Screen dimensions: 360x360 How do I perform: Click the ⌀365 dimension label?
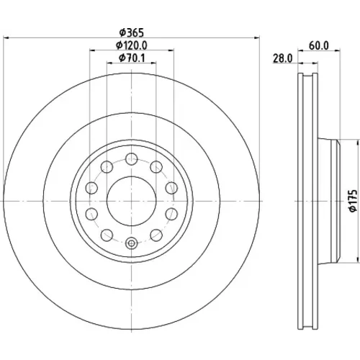[x=132, y=32]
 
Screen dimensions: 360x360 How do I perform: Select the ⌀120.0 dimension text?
[x=132, y=45]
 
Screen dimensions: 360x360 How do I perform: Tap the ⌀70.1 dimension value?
[x=132, y=58]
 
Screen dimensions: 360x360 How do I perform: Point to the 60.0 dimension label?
[x=319, y=45]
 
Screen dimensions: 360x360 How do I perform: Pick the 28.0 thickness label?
[x=283, y=58]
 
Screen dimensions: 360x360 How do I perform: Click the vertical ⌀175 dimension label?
[x=354, y=201]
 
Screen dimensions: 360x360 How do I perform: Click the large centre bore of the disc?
[x=132, y=201]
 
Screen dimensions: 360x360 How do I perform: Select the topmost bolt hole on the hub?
[x=132, y=159]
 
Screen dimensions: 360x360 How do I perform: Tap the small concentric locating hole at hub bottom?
[x=132, y=243]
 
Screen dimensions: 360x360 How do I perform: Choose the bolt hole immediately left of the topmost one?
[x=107, y=167]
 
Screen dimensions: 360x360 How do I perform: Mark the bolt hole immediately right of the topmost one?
[x=156, y=167]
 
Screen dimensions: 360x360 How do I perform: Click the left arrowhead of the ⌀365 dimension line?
[x=6, y=37]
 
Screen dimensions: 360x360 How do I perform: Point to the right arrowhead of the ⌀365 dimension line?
[x=257, y=37]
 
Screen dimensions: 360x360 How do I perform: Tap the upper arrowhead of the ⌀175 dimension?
[x=355, y=142]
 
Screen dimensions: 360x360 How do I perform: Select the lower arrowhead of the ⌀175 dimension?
[x=355, y=261]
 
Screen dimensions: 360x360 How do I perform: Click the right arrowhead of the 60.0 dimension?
[x=337, y=50]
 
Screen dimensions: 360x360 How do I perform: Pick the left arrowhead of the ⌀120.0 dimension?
[x=92, y=50]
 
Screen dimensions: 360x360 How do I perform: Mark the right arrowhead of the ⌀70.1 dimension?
[x=153, y=63]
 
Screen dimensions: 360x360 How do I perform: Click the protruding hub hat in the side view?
[x=329, y=201]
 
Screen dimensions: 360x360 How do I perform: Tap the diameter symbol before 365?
[x=122, y=33]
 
